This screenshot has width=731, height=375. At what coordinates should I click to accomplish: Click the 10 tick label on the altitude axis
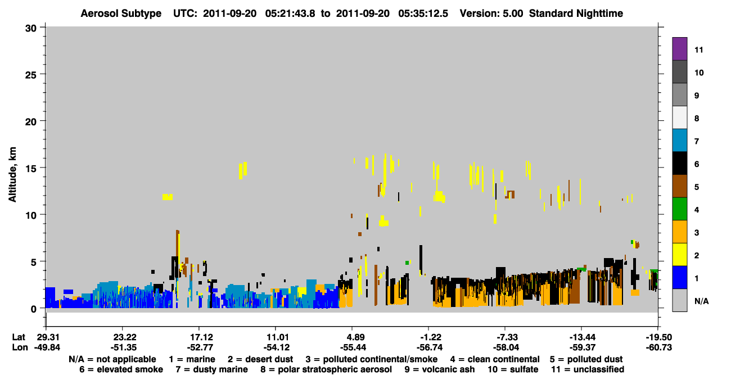click(31, 215)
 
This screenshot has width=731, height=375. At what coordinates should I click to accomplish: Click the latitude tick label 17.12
click(202, 337)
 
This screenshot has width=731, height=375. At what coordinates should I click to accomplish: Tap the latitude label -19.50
click(659, 337)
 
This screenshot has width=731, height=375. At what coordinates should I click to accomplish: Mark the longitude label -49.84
click(47, 347)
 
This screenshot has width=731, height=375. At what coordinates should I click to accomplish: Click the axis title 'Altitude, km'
click(12, 175)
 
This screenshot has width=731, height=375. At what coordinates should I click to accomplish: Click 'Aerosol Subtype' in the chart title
click(121, 13)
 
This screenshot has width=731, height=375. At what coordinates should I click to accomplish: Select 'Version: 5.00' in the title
click(491, 13)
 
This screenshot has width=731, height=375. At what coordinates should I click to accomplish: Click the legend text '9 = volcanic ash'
click(440, 369)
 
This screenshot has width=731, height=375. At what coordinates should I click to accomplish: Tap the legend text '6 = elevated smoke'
click(121, 369)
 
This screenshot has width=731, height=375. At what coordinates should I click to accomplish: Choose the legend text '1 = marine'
click(192, 359)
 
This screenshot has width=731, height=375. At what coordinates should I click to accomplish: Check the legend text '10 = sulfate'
click(513, 369)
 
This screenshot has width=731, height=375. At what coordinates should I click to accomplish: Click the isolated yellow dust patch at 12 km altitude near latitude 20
click(168, 197)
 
